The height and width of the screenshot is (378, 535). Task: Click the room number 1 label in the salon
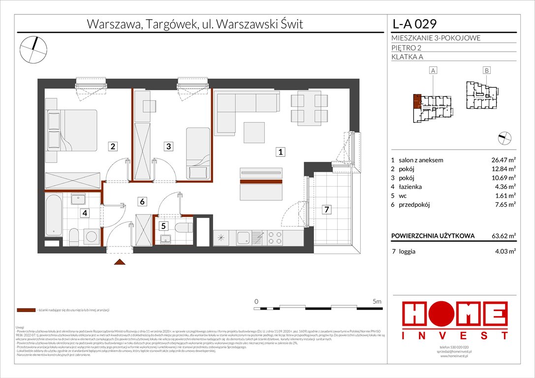click(280, 153)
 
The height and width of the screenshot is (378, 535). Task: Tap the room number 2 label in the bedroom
click(113, 146)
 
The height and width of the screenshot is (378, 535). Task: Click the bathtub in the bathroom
click(54, 216)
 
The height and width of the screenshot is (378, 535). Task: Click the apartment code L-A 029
click(414, 24)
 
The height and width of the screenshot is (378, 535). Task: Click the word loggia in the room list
click(409, 251)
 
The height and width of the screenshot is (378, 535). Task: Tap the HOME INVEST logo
click(455, 320)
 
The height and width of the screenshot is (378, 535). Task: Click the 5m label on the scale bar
click(377, 301)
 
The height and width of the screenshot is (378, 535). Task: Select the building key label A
click(433, 71)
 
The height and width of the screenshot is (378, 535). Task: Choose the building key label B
click(486, 71)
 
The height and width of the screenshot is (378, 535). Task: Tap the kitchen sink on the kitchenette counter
click(243, 238)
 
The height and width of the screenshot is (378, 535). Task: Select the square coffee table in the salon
click(255, 131)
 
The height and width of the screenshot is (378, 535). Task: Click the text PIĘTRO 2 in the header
click(408, 48)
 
